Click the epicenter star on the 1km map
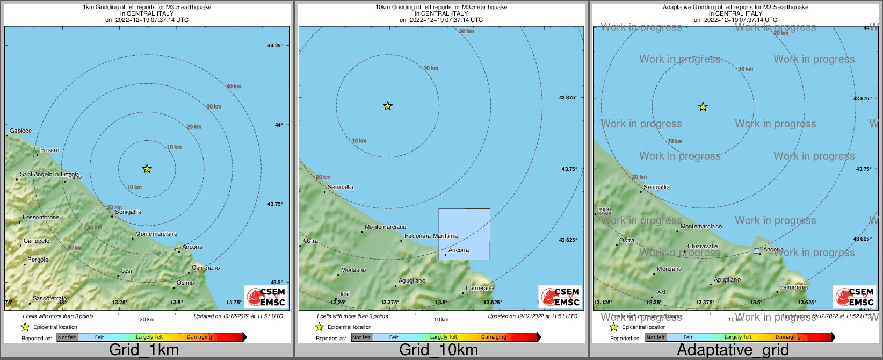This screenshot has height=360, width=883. pos(147,169)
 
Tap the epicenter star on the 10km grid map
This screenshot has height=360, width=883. pos(388,106)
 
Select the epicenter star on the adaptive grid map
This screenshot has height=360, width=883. pos(703,106)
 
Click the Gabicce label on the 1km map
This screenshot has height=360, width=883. pos(20,131)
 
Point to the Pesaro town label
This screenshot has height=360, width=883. pos(49,150)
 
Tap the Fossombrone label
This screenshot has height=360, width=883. pos(41,217)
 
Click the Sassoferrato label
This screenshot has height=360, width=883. pos(49,298)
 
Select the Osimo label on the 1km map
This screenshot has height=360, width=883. pos(185,283)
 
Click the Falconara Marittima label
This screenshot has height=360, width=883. pos(431,236)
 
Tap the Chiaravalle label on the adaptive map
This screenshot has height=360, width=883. pos(703,246)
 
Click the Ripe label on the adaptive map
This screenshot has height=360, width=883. pos(604,209)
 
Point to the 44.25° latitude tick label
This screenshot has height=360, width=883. pos(275,46)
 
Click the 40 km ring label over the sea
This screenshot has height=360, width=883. pos(234,87)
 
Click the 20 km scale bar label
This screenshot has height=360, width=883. pos(147,320)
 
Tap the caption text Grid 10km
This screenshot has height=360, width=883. pos(438,350)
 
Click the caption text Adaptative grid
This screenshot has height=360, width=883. pos(733,350)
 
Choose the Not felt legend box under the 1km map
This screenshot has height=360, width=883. pos(67,337)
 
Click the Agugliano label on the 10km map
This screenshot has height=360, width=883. pos(412,280)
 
